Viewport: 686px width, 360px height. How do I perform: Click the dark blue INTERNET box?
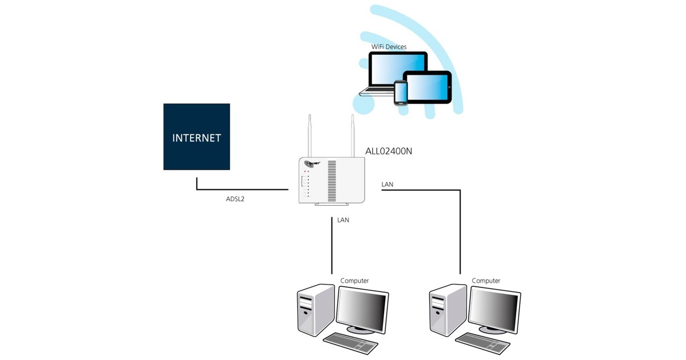[197, 137]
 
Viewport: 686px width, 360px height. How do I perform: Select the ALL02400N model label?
[389, 151]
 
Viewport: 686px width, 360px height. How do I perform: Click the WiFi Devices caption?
[389, 46]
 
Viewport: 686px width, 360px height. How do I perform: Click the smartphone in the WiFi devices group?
[401, 93]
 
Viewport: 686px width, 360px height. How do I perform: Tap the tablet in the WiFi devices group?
[428, 87]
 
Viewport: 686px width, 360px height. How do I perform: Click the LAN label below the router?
[343, 219]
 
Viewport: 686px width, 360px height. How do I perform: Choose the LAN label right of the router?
[387, 184]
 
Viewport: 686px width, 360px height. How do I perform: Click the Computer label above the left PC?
[354, 281]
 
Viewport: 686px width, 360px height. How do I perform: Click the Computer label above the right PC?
[486, 281]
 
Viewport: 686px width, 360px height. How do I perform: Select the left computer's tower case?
[314, 311]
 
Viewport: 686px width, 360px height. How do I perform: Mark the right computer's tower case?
[445, 311]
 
